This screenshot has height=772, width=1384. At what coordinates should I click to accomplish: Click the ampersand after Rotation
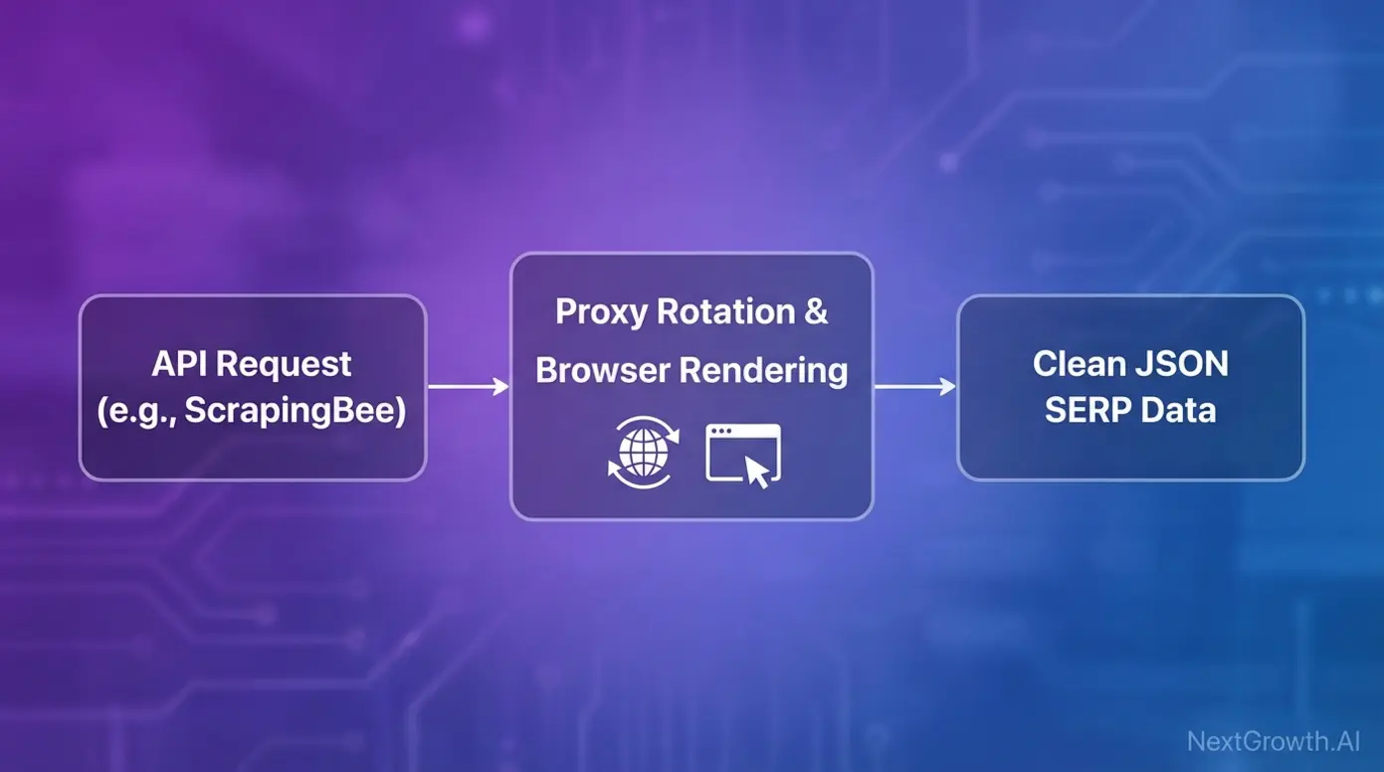815,312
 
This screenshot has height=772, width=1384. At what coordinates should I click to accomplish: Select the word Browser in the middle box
602,370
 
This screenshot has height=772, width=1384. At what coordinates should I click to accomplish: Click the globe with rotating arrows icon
643,452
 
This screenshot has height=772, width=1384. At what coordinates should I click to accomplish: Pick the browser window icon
742,452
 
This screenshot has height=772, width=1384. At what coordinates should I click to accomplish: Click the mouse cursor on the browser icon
759,472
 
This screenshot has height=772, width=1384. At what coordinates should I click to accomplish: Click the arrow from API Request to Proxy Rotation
468,387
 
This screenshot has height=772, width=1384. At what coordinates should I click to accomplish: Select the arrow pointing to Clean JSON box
914,387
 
